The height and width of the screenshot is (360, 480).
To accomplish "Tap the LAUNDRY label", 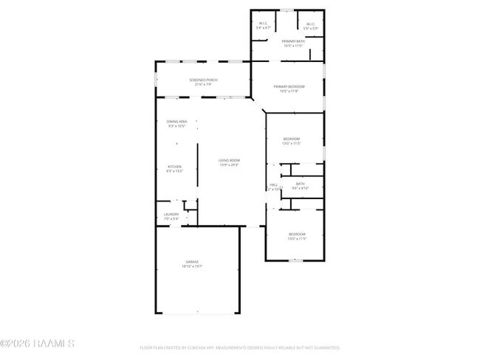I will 171,214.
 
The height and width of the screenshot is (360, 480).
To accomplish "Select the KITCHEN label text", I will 174,167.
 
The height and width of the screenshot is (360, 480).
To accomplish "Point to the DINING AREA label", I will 176,121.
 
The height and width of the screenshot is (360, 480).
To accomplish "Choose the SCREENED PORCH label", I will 203,80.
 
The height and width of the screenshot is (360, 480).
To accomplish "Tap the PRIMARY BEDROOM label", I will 289,87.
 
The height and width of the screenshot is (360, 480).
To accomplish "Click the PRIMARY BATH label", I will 293,41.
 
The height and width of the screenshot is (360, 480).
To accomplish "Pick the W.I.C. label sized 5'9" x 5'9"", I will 309,23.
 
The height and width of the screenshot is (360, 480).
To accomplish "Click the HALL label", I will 273,184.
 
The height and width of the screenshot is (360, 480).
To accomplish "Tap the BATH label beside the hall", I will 300,184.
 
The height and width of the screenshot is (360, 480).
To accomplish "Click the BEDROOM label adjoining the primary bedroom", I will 292,139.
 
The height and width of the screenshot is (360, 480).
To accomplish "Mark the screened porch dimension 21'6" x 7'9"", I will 203,84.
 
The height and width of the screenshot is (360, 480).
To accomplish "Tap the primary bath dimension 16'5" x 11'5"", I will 293,46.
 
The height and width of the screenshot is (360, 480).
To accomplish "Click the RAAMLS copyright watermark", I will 37,343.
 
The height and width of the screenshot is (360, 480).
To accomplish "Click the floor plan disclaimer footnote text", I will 239,347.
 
